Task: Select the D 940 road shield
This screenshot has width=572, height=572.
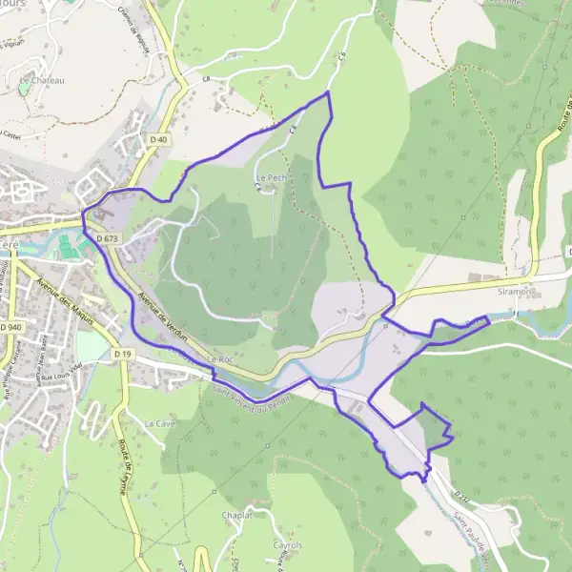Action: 10,326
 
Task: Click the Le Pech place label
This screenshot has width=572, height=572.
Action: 270,177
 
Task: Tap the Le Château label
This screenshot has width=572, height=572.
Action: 41,81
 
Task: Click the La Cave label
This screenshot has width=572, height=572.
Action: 153,421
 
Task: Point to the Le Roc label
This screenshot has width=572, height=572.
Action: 219,359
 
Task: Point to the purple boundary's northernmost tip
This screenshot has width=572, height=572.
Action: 328,92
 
